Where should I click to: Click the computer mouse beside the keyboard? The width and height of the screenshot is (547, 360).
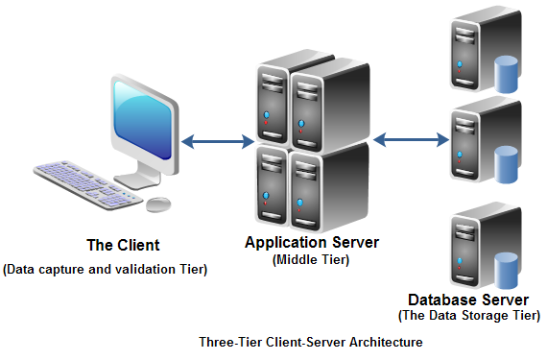coord(158,204)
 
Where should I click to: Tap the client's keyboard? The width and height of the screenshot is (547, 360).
coord(88,185)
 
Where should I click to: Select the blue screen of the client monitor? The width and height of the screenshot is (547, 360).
coord(142,119)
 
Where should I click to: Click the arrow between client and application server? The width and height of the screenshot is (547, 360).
coord(218,142)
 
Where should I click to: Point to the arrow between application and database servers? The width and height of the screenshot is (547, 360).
coord(411,140)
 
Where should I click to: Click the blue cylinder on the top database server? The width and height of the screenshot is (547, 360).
coord(506,74)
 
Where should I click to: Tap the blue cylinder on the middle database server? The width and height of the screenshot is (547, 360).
coord(506,165)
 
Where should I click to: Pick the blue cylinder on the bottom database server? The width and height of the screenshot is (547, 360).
coord(506,271)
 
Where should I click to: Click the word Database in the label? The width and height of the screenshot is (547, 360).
coord(439,300)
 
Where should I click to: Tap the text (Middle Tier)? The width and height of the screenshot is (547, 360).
coord(311,260)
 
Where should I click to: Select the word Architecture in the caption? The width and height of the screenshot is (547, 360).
coord(386,342)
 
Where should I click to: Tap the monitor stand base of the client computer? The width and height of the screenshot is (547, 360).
coord(136,181)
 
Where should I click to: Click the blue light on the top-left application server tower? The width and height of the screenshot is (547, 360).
coord(267,115)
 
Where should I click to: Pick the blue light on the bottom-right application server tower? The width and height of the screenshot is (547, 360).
coord(300,203)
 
